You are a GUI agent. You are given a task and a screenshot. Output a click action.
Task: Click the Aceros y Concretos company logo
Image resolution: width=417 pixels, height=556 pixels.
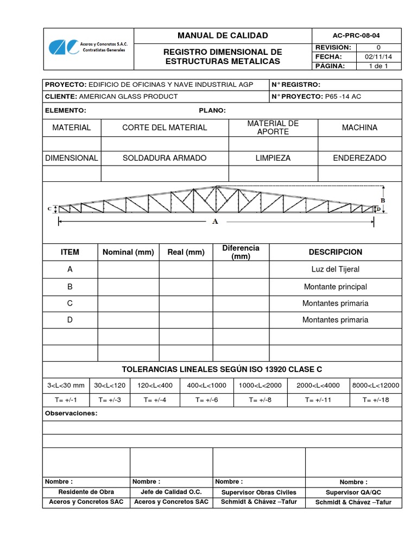click(87, 47)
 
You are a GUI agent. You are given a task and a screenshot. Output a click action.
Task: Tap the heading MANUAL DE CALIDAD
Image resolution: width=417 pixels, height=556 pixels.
click(223, 35)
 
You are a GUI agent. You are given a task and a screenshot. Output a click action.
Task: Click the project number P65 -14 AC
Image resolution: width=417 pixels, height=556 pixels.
click(343, 97)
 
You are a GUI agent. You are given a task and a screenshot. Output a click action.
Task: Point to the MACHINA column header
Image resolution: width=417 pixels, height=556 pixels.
click(359, 128)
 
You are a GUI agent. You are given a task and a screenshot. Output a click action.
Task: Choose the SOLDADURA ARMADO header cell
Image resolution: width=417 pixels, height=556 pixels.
click(165, 158)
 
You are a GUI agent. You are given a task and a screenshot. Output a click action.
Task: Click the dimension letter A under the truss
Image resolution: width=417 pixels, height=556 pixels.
click(216, 222)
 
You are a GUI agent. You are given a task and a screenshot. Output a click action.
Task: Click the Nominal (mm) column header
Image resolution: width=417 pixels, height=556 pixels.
click(128, 252)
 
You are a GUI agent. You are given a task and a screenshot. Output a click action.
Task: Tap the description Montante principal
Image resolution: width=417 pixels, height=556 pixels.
click(335, 287)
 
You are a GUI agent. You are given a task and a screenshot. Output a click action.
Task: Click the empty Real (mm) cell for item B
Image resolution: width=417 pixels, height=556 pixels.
click(186, 287)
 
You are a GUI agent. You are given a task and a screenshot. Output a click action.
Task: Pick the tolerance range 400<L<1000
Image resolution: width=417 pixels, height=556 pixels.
click(206, 386)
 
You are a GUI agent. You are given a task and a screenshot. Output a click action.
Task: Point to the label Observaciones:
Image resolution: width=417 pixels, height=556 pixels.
click(71, 413)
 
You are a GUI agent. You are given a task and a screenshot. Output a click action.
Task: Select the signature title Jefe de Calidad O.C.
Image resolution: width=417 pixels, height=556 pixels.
click(171, 492)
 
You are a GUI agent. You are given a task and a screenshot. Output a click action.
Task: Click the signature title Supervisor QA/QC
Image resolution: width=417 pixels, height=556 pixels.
click(353, 492)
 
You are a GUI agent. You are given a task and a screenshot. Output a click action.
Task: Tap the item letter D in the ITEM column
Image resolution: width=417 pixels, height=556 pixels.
click(70, 320)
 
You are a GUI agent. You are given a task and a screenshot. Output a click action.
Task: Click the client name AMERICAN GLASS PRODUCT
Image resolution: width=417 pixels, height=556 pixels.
click(129, 97)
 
